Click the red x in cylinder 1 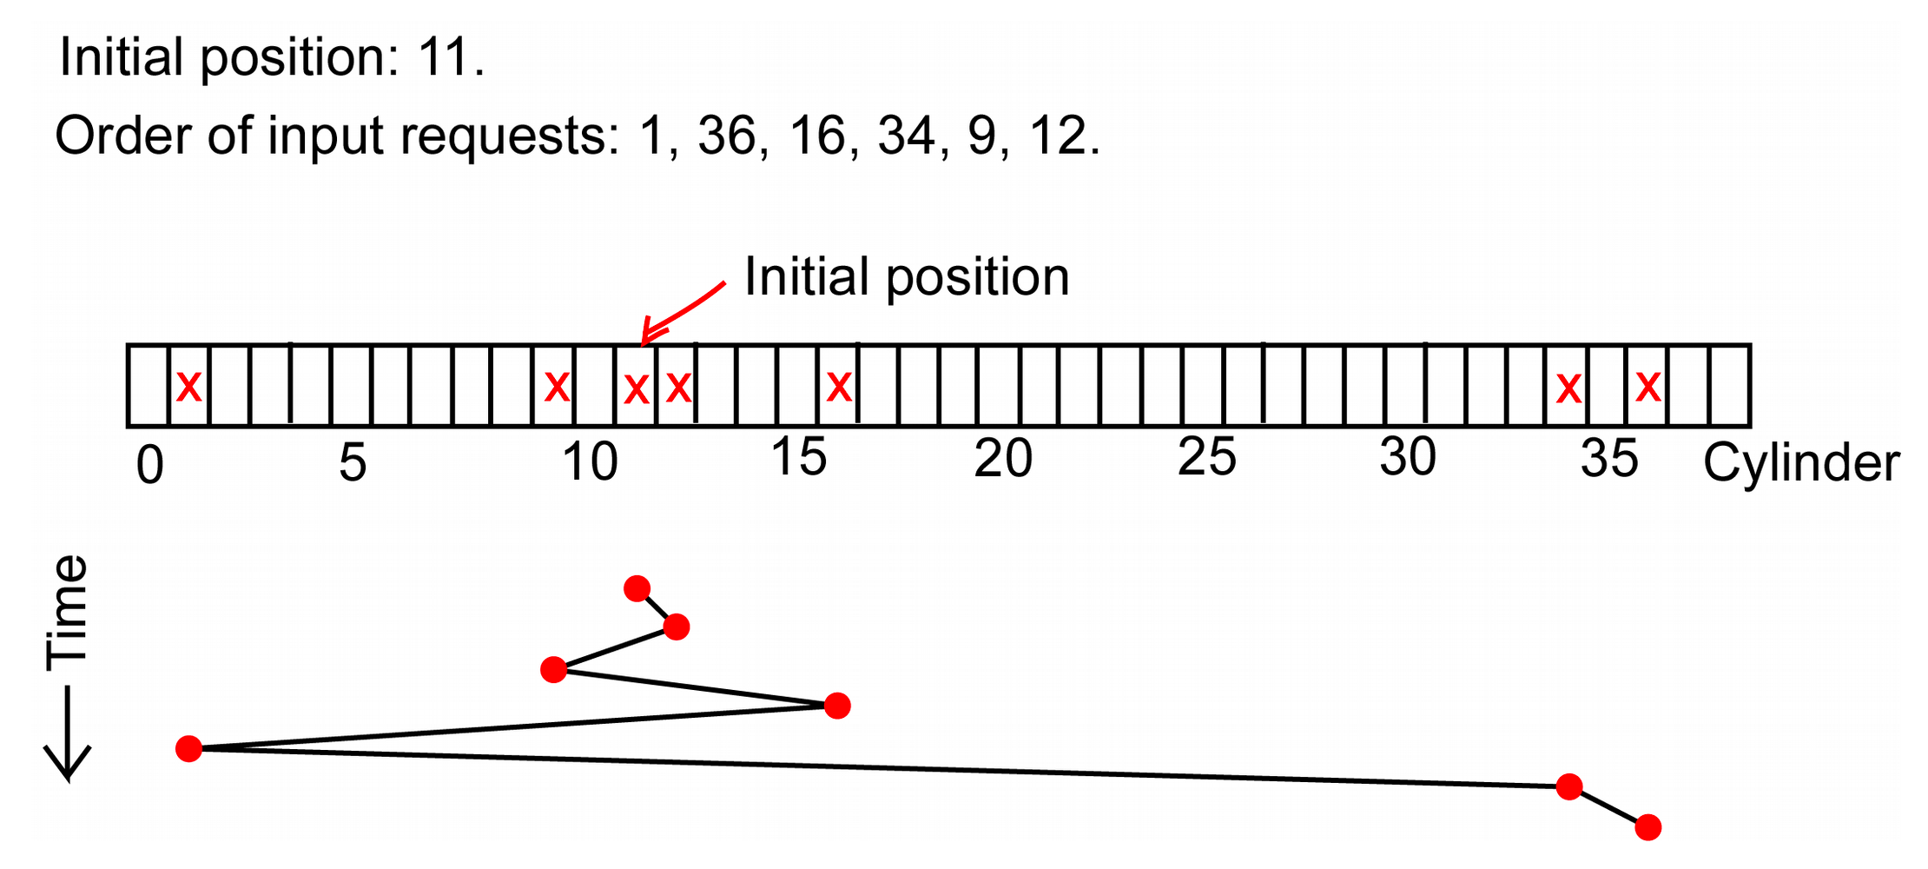[188, 386]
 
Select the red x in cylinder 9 [557, 386]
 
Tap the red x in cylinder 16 [839, 386]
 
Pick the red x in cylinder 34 [1568, 388]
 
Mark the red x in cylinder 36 [1648, 386]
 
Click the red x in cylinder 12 [678, 388]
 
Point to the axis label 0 [150, 465]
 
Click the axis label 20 [1003, 459]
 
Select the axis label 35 [1609, 459]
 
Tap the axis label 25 [1207, 457]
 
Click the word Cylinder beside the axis [1801, 463]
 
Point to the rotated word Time [68, 613]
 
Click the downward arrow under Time [68, 734]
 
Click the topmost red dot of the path [637, 588]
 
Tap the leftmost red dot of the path [188, 748]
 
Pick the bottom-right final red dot [1647, 827]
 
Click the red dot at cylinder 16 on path [837, 706]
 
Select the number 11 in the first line [444, 57]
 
